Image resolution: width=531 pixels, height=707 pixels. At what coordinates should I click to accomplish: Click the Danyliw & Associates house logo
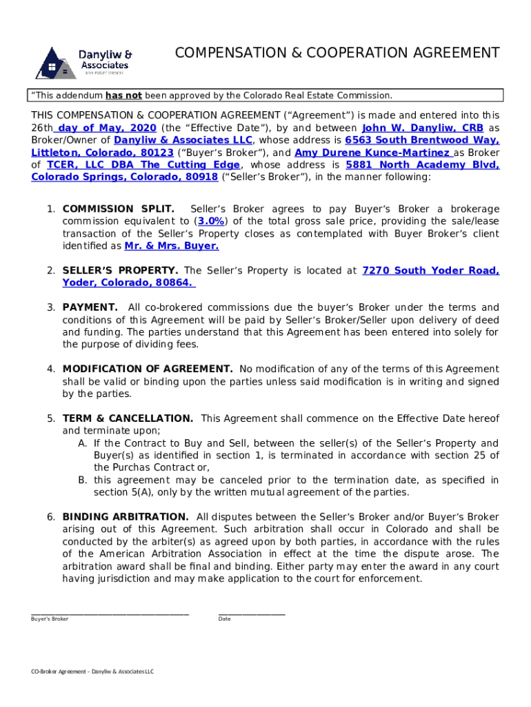pos(57,64)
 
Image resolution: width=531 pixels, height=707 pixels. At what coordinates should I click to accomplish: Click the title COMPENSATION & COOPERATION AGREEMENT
pos(337,53)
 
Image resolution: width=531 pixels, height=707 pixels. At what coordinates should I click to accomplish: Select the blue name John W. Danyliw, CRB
pos(422,128)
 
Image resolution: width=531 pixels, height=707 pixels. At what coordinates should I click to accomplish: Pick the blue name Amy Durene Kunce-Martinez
pos(372,153)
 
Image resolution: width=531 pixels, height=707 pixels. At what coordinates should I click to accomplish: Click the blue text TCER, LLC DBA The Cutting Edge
pos(143,165)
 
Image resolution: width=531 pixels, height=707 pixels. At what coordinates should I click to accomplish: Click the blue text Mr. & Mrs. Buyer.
pos(172,246)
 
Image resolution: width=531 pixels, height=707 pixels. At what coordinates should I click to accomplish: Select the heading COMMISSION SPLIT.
pos(118,209)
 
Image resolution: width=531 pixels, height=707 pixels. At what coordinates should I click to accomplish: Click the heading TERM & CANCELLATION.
pos(128,418)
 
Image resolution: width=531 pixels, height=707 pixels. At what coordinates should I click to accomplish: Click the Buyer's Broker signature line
pos(110,612)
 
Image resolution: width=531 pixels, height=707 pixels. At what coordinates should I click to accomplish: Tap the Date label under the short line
pos(224,619)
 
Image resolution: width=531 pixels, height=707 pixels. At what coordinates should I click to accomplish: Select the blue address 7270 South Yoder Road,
pos(430,271)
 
